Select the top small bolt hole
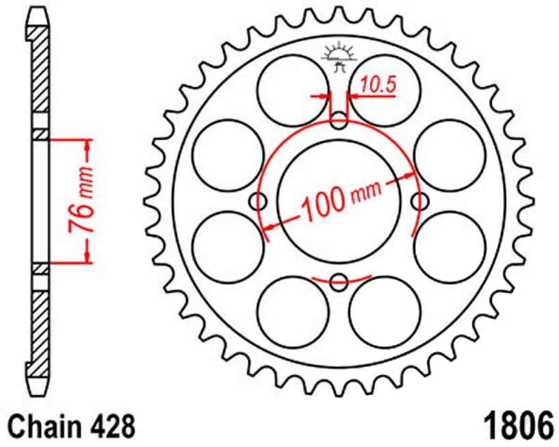(x=339, y=123)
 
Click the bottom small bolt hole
(x=339, y=280)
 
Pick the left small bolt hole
(x=259, y=201)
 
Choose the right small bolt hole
(x=419, y=201)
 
